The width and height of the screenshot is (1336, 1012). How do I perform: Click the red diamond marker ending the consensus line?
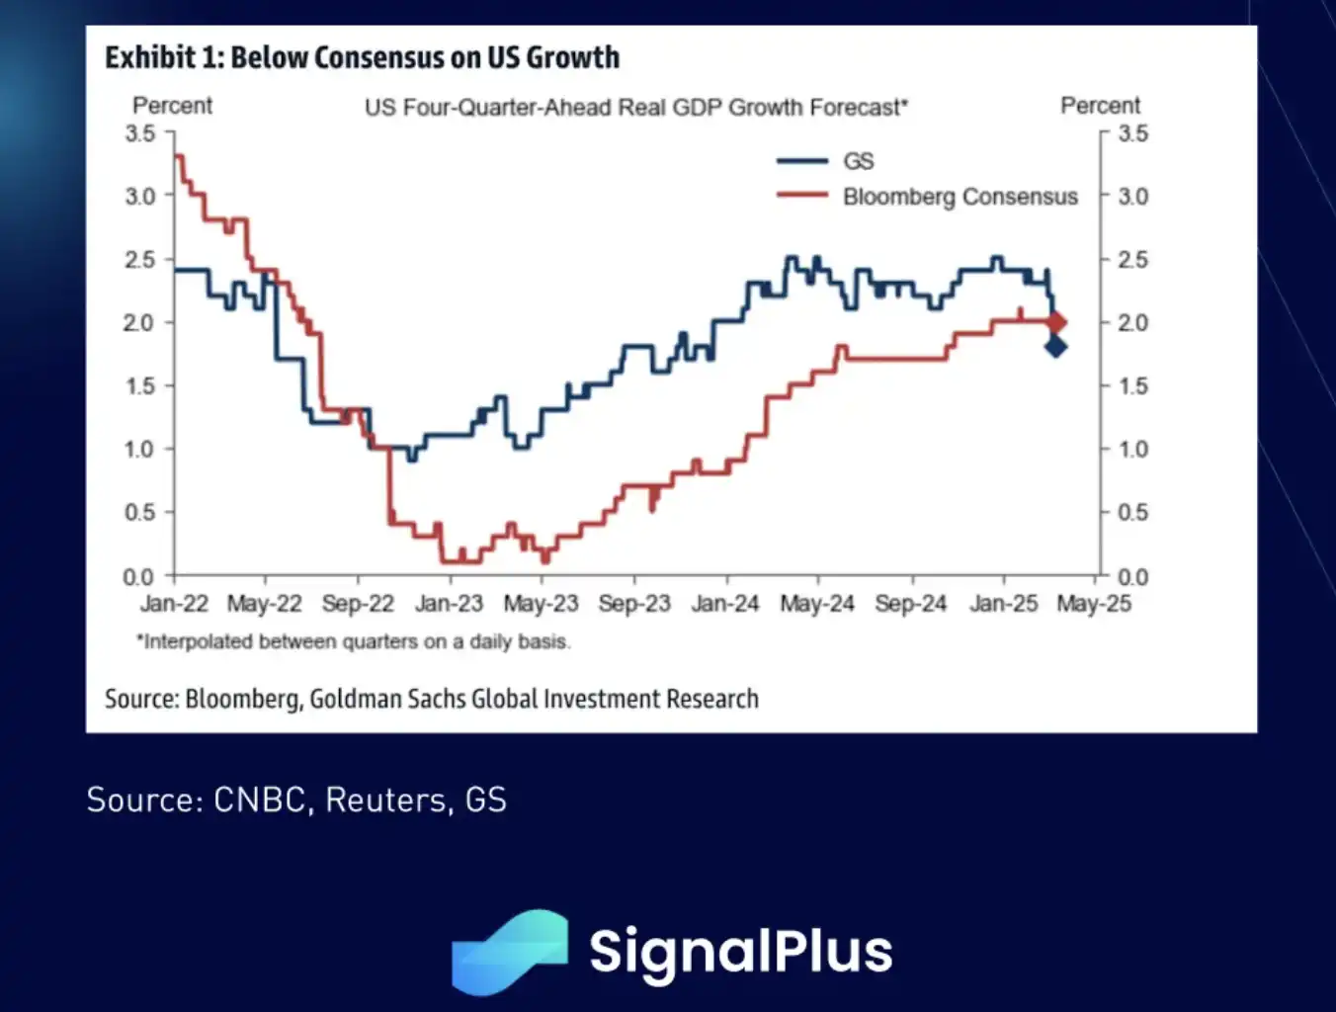point(1056,322)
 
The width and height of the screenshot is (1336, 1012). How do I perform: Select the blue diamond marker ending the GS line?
point(1055,346)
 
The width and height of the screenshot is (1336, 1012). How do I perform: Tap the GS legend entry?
point(858,161)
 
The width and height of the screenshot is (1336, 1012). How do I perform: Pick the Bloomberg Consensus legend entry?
point(960,197)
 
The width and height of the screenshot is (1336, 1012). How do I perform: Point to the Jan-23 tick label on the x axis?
point(449,604)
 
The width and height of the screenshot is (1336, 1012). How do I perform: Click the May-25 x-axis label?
point(1093,604)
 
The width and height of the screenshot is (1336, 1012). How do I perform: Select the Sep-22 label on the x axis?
point(358,604)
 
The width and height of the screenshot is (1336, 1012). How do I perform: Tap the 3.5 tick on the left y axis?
point(140,133)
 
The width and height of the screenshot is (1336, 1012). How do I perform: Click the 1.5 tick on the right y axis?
point(1132,385)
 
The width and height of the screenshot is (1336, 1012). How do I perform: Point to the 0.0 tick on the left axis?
point(139,576)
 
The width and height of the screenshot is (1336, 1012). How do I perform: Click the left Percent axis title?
point(172,106)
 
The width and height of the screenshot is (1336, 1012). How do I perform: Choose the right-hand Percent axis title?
point(1100,106)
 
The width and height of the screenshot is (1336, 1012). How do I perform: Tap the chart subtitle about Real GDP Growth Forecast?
point(635,107)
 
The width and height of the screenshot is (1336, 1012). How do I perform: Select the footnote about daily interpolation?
point(353,641)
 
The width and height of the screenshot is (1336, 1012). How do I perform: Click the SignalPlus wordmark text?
point(740,951)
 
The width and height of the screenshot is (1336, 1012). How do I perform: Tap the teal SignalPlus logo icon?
point(510,952)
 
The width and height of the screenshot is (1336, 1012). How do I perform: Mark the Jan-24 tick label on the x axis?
point(725,604)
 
